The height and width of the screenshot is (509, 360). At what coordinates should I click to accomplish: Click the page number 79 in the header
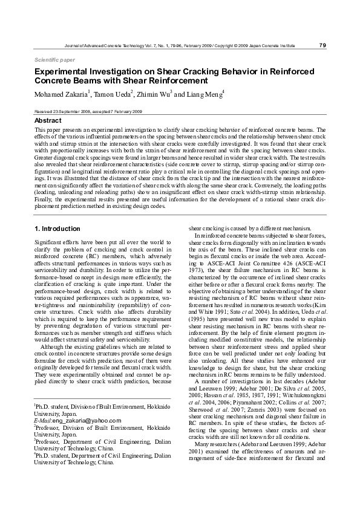pos(322,45)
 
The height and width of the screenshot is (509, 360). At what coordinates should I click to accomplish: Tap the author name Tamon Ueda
pos(114,94)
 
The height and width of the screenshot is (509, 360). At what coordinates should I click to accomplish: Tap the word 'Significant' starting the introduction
pos(48,242)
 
